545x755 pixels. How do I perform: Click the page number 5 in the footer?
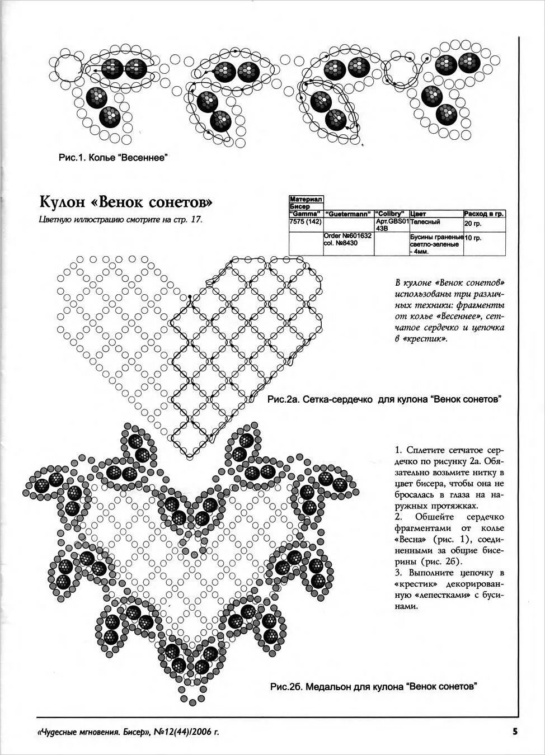(514, 730)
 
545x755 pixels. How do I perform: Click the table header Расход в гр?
(484, 214)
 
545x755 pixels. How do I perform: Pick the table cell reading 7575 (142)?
(305, 221)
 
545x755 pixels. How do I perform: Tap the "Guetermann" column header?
(348, 214)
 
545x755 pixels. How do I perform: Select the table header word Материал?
(306, 199)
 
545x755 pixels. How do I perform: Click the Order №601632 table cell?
(347, 236)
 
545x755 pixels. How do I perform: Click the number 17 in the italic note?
(195, 220)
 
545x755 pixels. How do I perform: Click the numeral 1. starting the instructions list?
(398, 449)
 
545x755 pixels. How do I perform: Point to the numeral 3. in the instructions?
(398, 573)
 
